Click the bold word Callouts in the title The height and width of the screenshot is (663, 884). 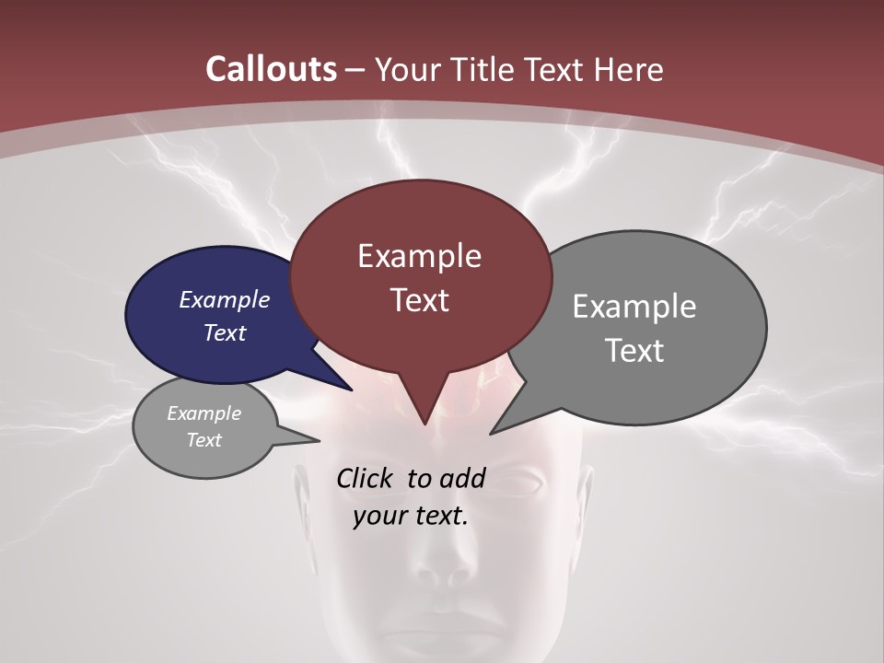pos(272,69)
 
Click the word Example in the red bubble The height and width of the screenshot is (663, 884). pos(419,256)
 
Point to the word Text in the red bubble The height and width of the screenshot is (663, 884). pos(419,300)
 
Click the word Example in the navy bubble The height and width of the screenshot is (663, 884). pos(224,299)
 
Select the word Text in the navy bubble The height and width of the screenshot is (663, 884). pos(224,332)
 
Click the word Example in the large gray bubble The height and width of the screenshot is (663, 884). pos(634,307)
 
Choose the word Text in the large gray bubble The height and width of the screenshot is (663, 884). pos(634,351)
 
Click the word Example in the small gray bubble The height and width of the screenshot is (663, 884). pos(204,413)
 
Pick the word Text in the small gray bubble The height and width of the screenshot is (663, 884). pos(204,440)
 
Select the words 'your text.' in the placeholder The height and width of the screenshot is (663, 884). pos(410,517)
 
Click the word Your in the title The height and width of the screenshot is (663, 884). pos(405,69)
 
